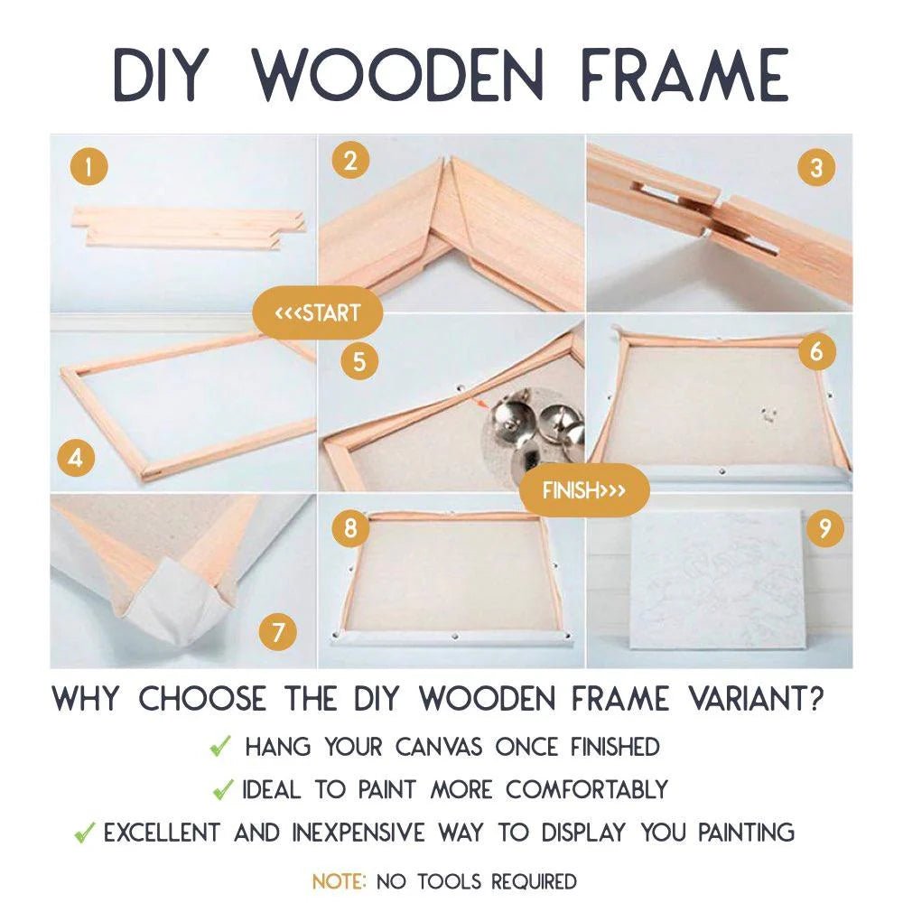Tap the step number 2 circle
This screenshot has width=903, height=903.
pyautogui.click(x=350, y=161)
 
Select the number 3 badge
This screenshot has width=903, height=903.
pyautogui.click(x=816, y=168)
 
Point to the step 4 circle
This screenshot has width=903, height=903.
pyautogui.click(x=77, y=458)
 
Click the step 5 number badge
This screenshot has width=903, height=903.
pyautogui.click(x=359, y=362)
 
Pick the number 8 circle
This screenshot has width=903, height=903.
pyautogui.click(x=349, y=526)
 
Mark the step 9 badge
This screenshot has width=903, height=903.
pyautogui.click(x=824, y=527)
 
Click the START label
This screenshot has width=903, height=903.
pyautogui.click(x=318, y=313)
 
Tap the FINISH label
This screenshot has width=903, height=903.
pyautogui.click(x=583, y=491)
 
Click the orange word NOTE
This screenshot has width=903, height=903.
pyautogui.click(x=340, y=880)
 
